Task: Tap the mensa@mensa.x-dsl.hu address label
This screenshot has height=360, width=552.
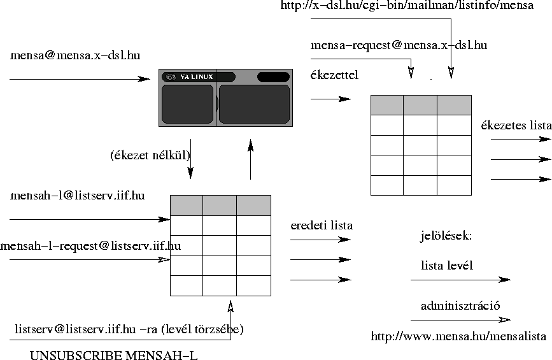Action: pos(75,55)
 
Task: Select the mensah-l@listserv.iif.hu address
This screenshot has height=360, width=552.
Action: pos(78,196)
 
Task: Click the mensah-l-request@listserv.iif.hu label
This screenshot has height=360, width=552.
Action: pos(90,245)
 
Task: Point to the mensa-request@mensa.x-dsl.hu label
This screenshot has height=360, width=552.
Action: pos(399,45)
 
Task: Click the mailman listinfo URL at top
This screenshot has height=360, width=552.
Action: pos(407,5)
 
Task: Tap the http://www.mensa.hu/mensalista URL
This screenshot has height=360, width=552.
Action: pos(458,336)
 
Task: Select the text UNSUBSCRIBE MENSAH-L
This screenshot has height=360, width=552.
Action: pos(114,355)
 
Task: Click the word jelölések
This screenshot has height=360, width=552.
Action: pos(446,235)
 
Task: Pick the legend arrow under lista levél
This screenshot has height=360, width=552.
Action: pos(460,280)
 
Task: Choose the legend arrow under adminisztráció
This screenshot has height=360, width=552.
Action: pos(460,320)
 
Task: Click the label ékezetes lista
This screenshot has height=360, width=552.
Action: pos(516,126)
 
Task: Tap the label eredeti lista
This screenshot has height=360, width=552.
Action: pos(322,226)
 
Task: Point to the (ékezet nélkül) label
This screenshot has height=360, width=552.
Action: pos(150,155)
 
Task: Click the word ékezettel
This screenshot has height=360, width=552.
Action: pos(334,75)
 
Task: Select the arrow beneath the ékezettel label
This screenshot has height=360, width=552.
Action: pos(330,99)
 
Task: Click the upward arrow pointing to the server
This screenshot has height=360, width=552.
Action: pos(251,159)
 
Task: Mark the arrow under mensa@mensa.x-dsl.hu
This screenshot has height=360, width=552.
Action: pos(80,79)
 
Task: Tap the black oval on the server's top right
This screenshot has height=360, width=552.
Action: pos(274,77)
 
